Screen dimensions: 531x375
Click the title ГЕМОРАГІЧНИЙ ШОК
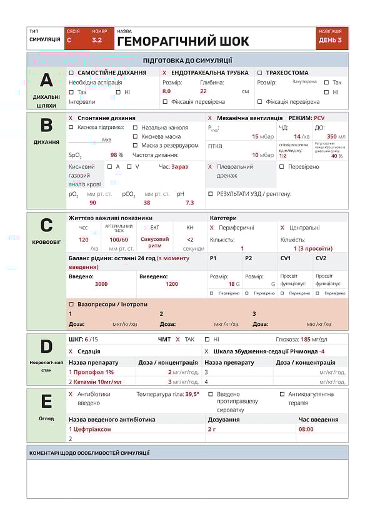[x=182, y=42]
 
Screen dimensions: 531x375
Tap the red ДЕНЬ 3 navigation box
[x=330, y=40]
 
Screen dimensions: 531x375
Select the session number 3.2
[x=97, y=40]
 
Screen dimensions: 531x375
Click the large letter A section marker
[x=46, y=80]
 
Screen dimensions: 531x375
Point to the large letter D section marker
[x=46, y=346]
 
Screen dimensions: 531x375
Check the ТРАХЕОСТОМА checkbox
[x=260, y=73]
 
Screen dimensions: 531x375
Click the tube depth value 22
[x=203, y=91]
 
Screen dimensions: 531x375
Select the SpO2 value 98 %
[x=116, y=155]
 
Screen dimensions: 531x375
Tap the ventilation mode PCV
[x=319, y=118]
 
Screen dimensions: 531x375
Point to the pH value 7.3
[x=189, y=203]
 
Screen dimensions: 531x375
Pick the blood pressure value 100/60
[x=119, y=240]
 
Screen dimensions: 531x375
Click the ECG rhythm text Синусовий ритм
[x=154, y=242]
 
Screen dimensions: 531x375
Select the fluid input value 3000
[x=101, y=284]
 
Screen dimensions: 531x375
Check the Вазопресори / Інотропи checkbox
[x=71, y=304]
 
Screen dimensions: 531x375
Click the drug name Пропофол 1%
[x=93, y=372]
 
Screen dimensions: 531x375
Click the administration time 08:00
[x=306, y=429]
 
